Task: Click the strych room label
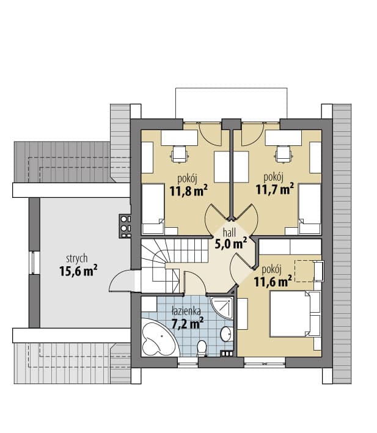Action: click(77, 259)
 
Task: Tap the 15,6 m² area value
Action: click(78, 271)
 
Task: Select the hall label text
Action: click(230, 233)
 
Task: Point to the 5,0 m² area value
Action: click(231, 244)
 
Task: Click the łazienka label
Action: click(186, 311)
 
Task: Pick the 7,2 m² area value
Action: click(188, 323)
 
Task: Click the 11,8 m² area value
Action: click(189, 191)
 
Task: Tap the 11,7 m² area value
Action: click(274, 189)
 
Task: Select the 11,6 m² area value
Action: click(273, 282)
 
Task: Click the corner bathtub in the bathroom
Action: click(159, 338)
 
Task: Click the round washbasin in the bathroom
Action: click(227, 334)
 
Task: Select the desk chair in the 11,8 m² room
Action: click(180, 154)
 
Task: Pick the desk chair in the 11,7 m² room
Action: click(284, 154)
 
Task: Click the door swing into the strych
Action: click(122, 280)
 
